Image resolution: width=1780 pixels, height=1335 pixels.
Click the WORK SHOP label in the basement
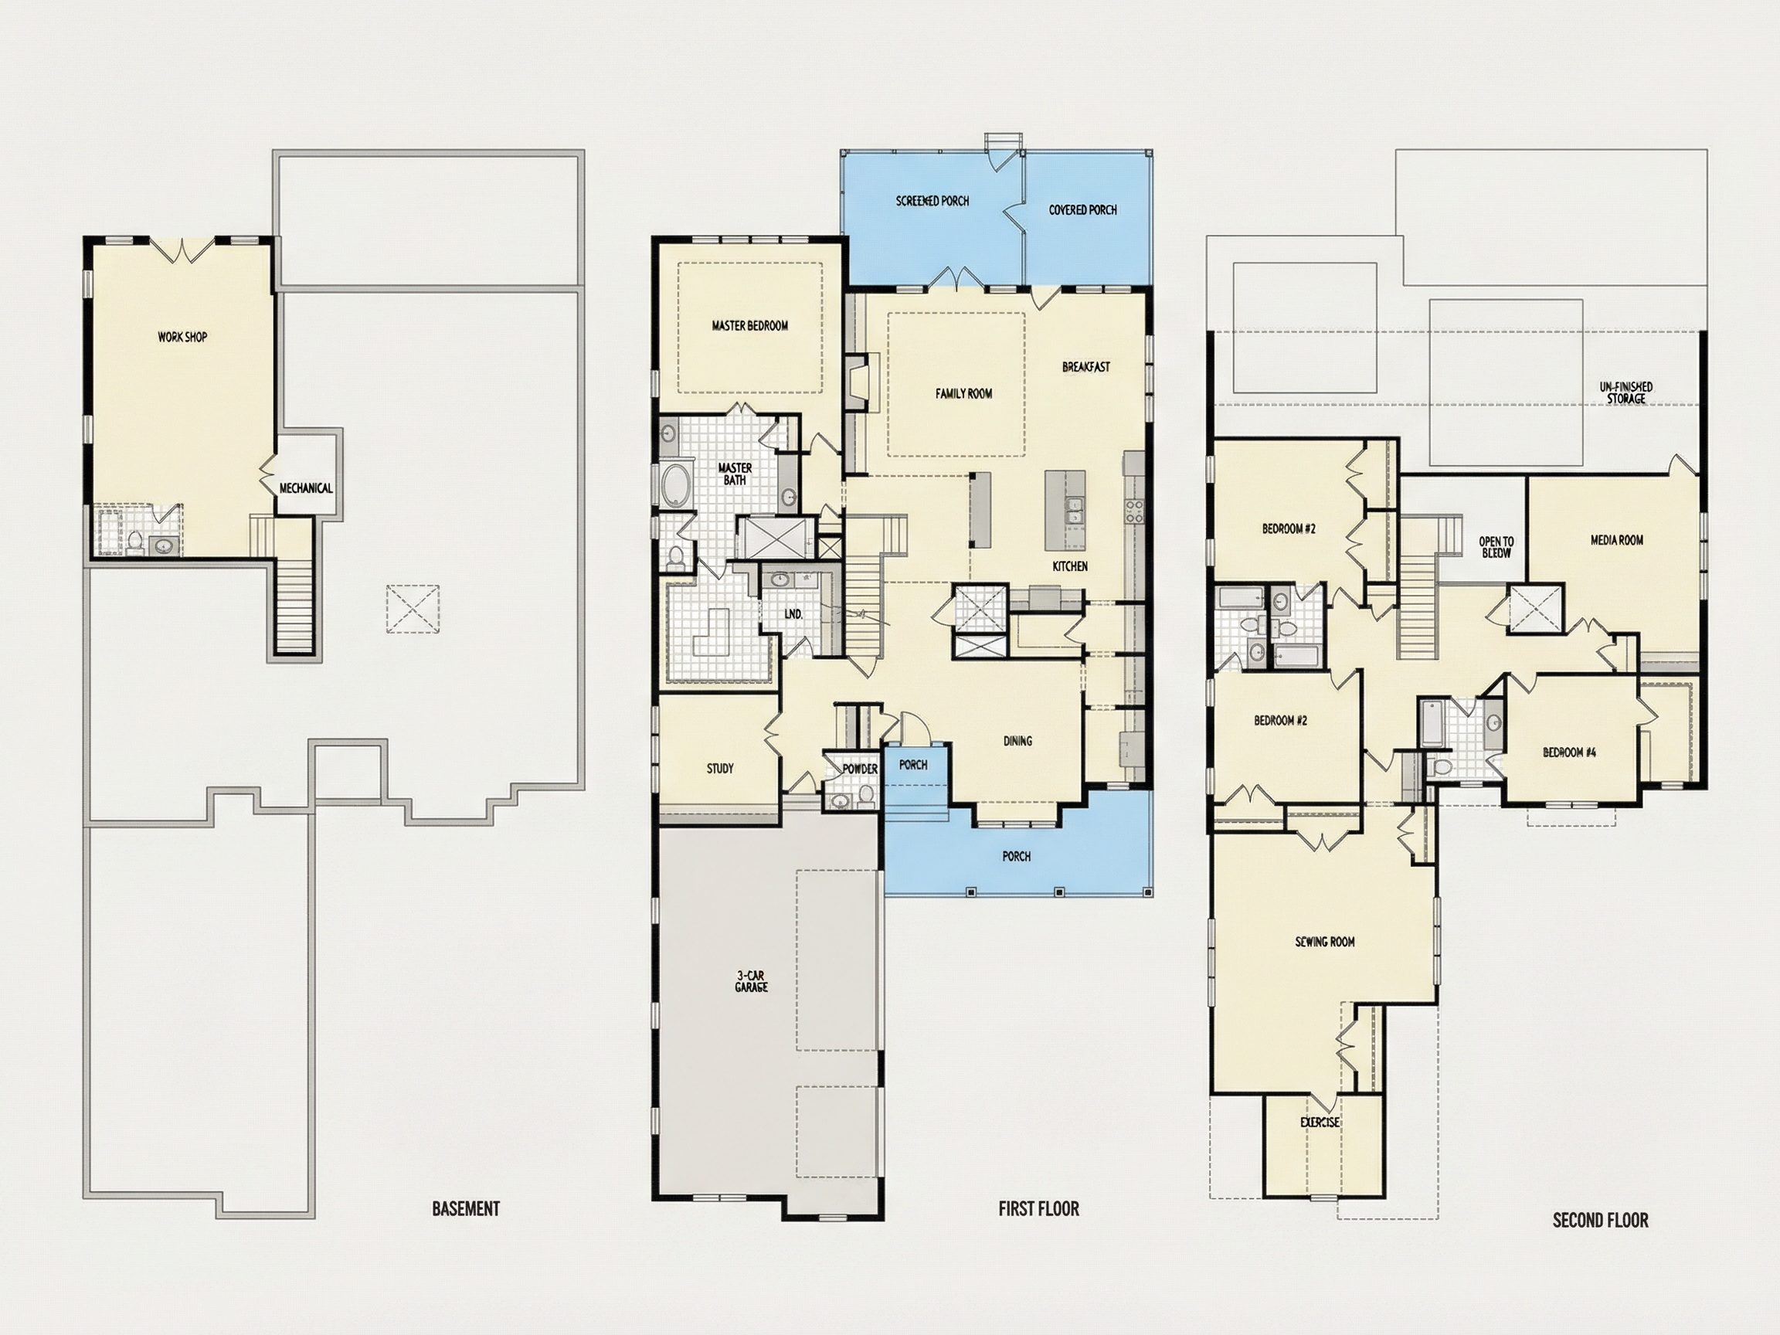(182, 337)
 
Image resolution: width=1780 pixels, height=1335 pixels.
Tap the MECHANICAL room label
(306, 487)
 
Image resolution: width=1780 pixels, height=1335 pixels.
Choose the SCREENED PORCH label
(932, 200)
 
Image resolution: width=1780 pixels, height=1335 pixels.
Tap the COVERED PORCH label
(1083, 210)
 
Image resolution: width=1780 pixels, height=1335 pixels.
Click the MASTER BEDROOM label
(750, 326)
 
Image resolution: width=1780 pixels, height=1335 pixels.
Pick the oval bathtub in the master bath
(677, 485)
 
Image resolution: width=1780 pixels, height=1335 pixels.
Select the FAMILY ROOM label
(964, 393)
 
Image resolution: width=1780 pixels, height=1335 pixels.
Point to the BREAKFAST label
(1086, 367)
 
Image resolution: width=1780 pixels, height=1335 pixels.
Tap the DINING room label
(1018, 741)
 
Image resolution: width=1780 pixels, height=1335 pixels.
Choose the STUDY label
(720, 769)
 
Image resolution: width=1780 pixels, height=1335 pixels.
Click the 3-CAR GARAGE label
(751, 981)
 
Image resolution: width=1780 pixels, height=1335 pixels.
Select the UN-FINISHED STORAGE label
(1626, 392)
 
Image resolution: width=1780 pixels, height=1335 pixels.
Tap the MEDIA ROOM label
(1617, 540)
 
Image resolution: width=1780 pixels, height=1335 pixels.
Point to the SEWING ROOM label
(1324, 942)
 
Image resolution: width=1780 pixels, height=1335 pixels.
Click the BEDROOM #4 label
(1569, 752)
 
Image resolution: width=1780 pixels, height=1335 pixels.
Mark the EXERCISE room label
(1320, 1123)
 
